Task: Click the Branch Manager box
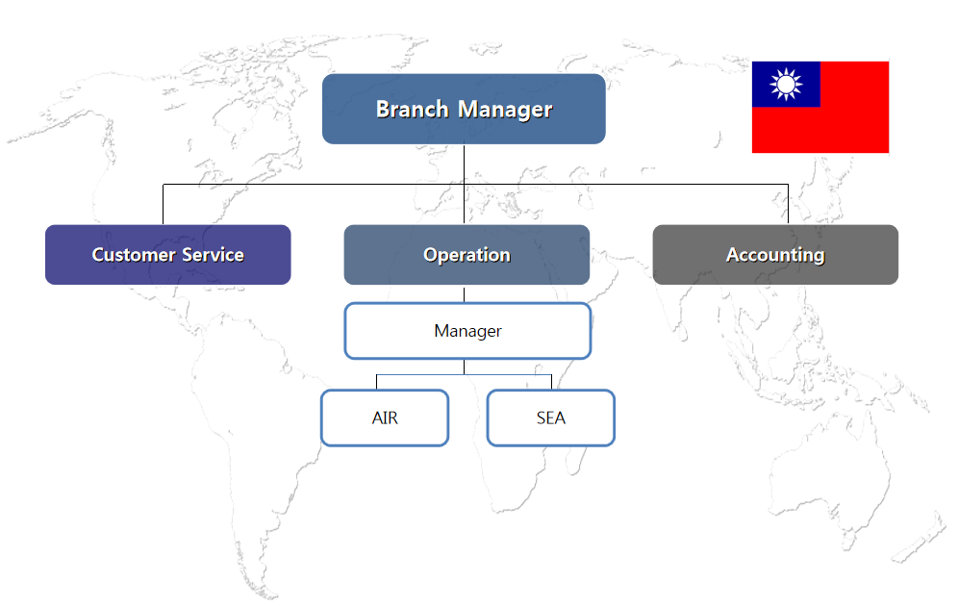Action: (464, 109)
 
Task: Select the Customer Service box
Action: (167, 255)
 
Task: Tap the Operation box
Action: (466, 255)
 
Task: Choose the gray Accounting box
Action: (775, 255)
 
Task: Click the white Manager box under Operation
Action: (467, 331)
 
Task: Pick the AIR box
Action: (385, 418)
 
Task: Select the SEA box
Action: (550, 418)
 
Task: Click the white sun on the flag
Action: (786, 85)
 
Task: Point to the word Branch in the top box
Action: (412, 110)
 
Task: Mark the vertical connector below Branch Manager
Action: (464, 164)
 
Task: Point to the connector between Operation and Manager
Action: (464, 293)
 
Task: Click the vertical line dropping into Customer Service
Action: (163, 204)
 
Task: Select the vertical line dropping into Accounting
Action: (788, 204)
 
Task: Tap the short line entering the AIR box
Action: (376, 382)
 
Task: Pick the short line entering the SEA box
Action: (551, 382)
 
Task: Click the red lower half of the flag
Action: (819, 130)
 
